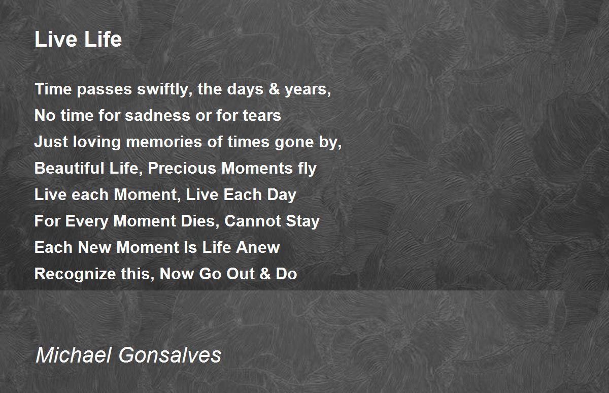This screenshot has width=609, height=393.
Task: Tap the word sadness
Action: (158, 115)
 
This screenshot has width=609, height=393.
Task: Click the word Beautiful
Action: (70, 168)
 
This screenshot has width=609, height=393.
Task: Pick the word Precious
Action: (182, 168)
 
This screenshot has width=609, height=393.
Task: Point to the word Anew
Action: (258, 247)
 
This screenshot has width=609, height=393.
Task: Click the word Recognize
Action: (75, 274)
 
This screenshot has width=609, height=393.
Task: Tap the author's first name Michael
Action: (74, 355)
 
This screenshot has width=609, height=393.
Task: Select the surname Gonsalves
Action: (170, 355)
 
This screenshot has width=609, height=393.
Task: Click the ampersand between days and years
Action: (274, 89)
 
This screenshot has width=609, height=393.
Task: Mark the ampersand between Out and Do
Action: (265, 274)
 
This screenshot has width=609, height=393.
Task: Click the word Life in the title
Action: (103, 40)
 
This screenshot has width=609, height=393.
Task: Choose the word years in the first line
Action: (308, 90)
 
